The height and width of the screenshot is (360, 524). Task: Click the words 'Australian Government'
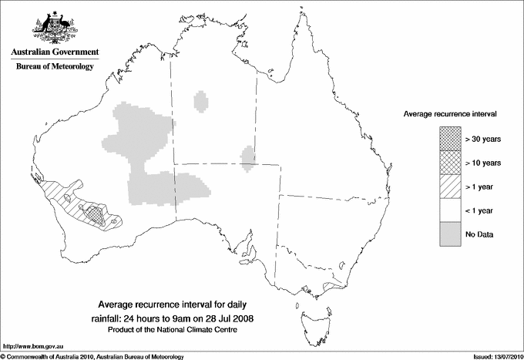[54, 52]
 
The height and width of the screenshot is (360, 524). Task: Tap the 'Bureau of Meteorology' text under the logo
[55, 67]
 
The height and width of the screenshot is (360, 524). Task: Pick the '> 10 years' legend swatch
[450, 162]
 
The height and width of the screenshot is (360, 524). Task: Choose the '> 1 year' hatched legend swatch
[450, 186]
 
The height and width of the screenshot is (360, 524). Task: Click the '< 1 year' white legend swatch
[450, 210]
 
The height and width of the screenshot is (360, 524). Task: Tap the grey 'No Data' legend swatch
[450, 234]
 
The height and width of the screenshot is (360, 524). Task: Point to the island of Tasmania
[311, 316]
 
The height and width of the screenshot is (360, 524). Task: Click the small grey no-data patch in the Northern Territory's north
[202, 101]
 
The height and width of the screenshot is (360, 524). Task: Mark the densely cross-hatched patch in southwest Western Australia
[94, 210]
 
